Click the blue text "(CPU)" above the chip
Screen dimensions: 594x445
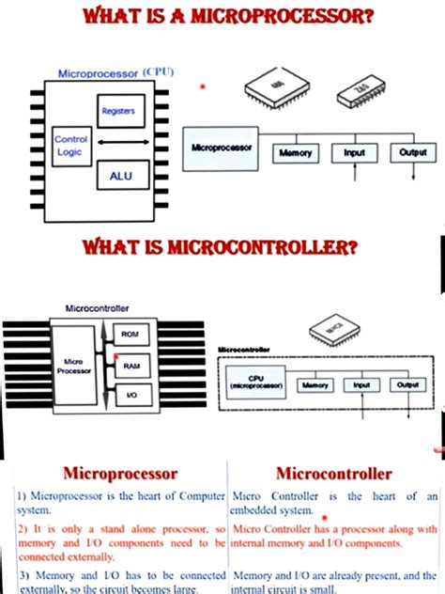tap(158, 70)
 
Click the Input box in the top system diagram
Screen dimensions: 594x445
tap(355, 152)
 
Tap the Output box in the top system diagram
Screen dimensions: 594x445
tap(413, 152)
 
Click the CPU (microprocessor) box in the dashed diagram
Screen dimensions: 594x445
tap(255, 383)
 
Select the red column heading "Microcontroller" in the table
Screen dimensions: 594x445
tap(334, 472)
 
